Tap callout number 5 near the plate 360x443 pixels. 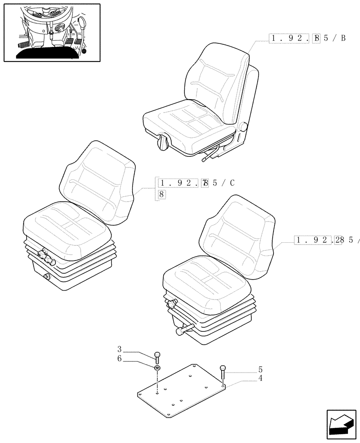coord(261,369)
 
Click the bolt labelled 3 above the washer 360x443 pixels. coord(157,355)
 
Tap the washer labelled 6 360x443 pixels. coord(157,368)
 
